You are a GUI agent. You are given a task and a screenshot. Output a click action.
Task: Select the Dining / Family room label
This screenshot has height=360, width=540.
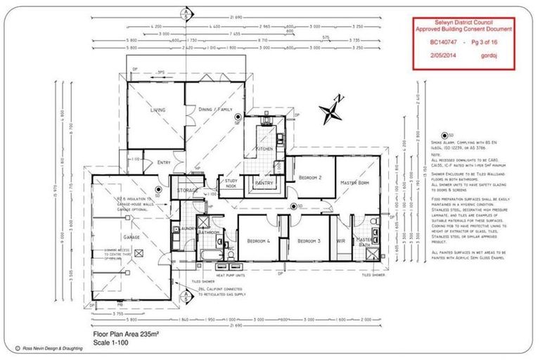214,110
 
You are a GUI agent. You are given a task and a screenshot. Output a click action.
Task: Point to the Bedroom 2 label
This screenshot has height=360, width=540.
309,178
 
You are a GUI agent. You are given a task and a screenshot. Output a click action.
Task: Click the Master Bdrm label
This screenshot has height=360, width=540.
355,183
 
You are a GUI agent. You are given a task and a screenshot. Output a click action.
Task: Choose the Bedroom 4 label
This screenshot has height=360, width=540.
259,241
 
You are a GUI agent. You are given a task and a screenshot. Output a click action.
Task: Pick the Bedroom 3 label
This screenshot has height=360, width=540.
309,241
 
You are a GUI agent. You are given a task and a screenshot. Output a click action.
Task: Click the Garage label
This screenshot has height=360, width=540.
131,238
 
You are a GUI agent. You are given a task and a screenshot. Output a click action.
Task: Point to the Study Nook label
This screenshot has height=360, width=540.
230,184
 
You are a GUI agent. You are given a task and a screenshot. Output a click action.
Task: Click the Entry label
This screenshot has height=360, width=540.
164,162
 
